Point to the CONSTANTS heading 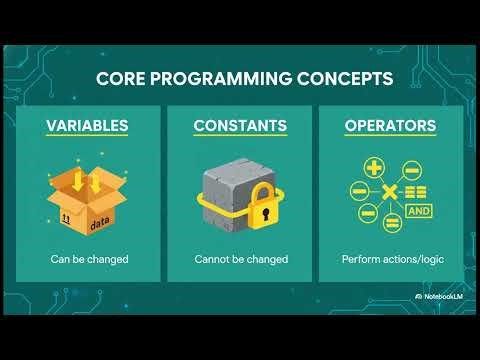click(240, 127)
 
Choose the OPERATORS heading click(389, 127)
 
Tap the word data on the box click(102, 213)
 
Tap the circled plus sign click(376, 168)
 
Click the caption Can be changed click(90, 259)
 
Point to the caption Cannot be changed click(240, 259)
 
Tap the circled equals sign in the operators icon click(393, 222)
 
